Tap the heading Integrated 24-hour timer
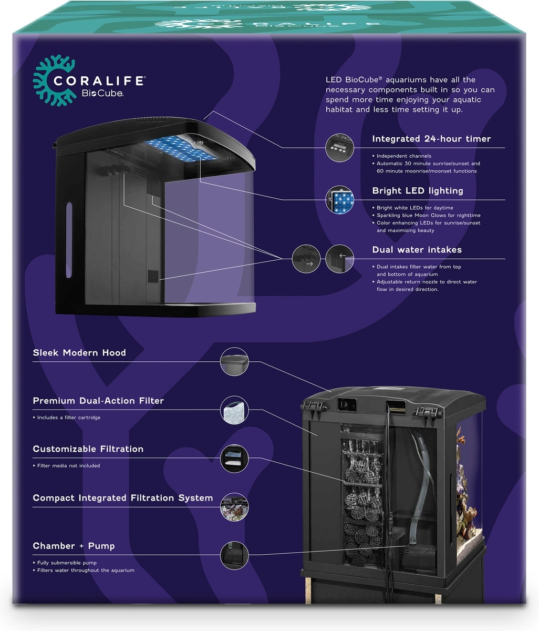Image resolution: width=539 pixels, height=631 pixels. click(431, 139)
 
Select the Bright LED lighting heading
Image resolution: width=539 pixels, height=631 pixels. click(418, 190)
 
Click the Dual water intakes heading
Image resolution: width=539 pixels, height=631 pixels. click(417, 250)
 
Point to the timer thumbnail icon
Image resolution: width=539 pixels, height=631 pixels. click(339, 147)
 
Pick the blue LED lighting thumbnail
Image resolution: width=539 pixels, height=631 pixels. click(339, 199)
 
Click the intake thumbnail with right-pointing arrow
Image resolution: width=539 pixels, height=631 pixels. click(306, 259)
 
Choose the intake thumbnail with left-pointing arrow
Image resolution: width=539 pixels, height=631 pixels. click(339, 259)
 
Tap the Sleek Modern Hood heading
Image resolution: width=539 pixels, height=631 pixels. click(79, 352)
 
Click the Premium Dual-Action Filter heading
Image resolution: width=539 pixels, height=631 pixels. click(98, 401)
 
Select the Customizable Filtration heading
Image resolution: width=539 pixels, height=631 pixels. click(88, 449)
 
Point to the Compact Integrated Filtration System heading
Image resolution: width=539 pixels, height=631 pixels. click(123, 497)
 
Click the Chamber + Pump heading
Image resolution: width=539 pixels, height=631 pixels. click(74, 546)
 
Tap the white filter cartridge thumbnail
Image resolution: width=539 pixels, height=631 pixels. click(234, 410)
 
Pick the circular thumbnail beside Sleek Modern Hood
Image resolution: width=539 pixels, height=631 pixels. click(234, 361)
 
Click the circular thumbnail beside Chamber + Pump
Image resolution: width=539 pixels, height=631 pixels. click(234, 555)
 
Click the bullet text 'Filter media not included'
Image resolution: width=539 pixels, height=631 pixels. click(68, 465)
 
